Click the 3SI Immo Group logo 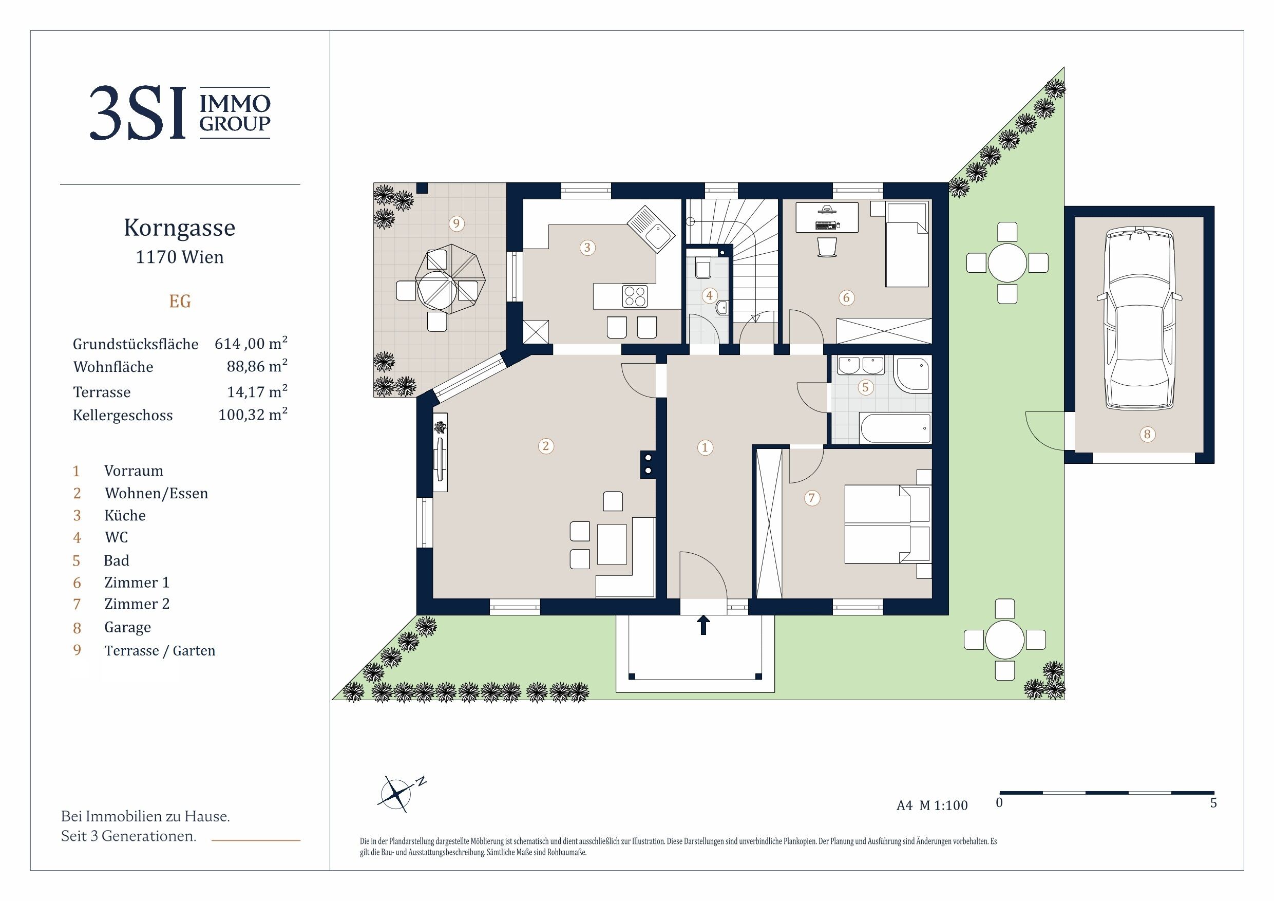tap(180, 112)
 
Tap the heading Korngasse tap(179, 228)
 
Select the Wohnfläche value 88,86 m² tap(257, 366)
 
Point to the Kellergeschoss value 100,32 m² tap(253, 414)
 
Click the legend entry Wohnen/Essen tap(156, 493)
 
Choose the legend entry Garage tap(128, 627)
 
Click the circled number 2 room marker tap(546, 446)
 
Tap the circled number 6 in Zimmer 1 tap(846, 297)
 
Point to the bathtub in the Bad tap(895, 428)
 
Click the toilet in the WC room tap(702, 269)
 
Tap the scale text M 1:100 tap(943, 805)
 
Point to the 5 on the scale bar tap(1213, 803)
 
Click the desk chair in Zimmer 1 tap(827, 247)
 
